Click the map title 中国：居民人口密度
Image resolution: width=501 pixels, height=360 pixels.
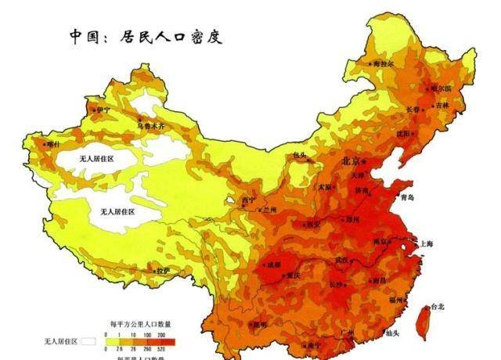point(145,36)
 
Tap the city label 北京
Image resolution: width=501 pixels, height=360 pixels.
point(350,161)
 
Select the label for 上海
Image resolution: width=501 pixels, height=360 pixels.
point(426,244)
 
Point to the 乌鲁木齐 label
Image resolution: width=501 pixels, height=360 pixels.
point(152,124)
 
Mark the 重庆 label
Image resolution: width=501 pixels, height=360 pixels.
point(294,276)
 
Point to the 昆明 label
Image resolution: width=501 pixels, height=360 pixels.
point(258,324)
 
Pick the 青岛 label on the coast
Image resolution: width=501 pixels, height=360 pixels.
point(406,198)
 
